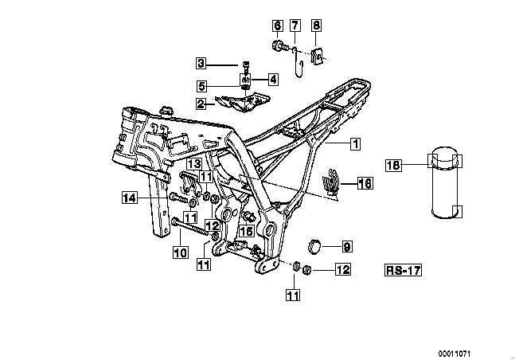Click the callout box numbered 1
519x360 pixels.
[353, 144]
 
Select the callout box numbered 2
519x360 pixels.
[201, 104]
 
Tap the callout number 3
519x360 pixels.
[201, 64]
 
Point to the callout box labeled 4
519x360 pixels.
[272, 79]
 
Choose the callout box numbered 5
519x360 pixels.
[201, 86]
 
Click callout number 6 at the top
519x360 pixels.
[277, 25]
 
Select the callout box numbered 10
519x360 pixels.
[180, 252]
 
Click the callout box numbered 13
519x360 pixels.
[193, 164]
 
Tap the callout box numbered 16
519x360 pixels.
[365, 183]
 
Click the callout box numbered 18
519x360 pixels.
[392, 166]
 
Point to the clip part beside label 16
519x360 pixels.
[338, 182]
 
